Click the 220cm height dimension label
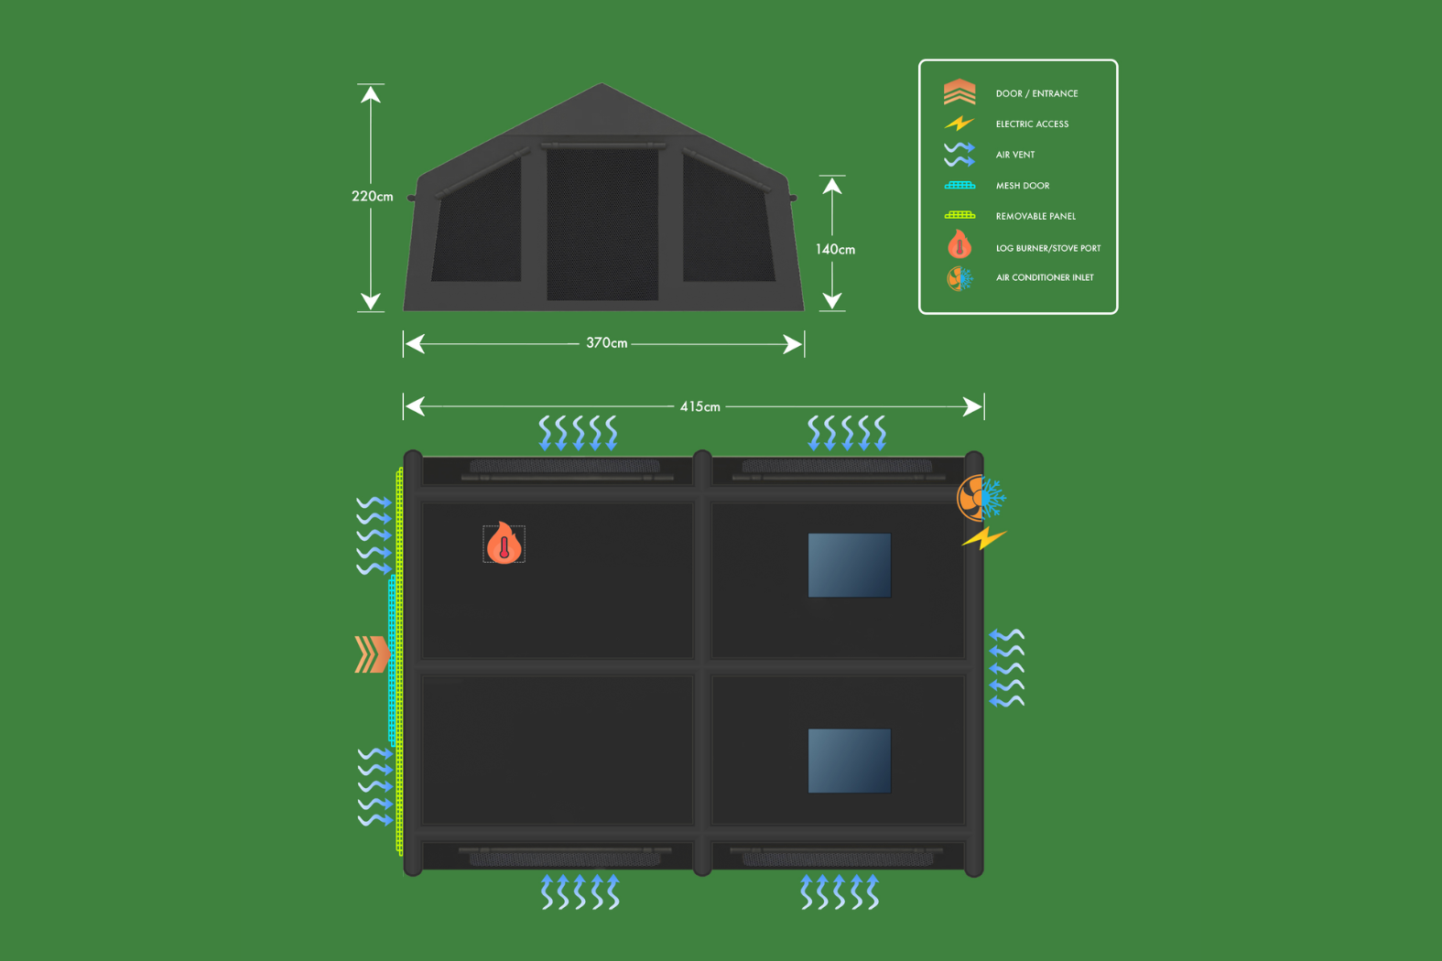(x=372, y=197)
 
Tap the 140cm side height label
(x=835, y=249)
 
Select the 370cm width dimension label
(x=606, y=343)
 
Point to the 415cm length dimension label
(x=699, y=406)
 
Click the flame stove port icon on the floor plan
(x=504, y=544)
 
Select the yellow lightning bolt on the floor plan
(x=983, y=538)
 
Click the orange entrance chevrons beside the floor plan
(x=372, y=654)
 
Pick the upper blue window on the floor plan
(x=849, y=566)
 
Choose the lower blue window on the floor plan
(x=849, y=761)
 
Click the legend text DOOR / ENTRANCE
(x=1036, y=93)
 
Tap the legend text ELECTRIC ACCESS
(x=1032, y=124)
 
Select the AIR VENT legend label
(x=1015, y=155)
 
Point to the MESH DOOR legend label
(x=1023, y=186)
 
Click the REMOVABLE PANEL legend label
(x=1035, y=216)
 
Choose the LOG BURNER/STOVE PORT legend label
(x=1048, y=248)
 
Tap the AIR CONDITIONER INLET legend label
(x=1045, y=277)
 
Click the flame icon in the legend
(x=960, y=245)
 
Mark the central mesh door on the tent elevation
(x=602, y=224)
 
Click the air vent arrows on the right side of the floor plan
(x=1007, y=668)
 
